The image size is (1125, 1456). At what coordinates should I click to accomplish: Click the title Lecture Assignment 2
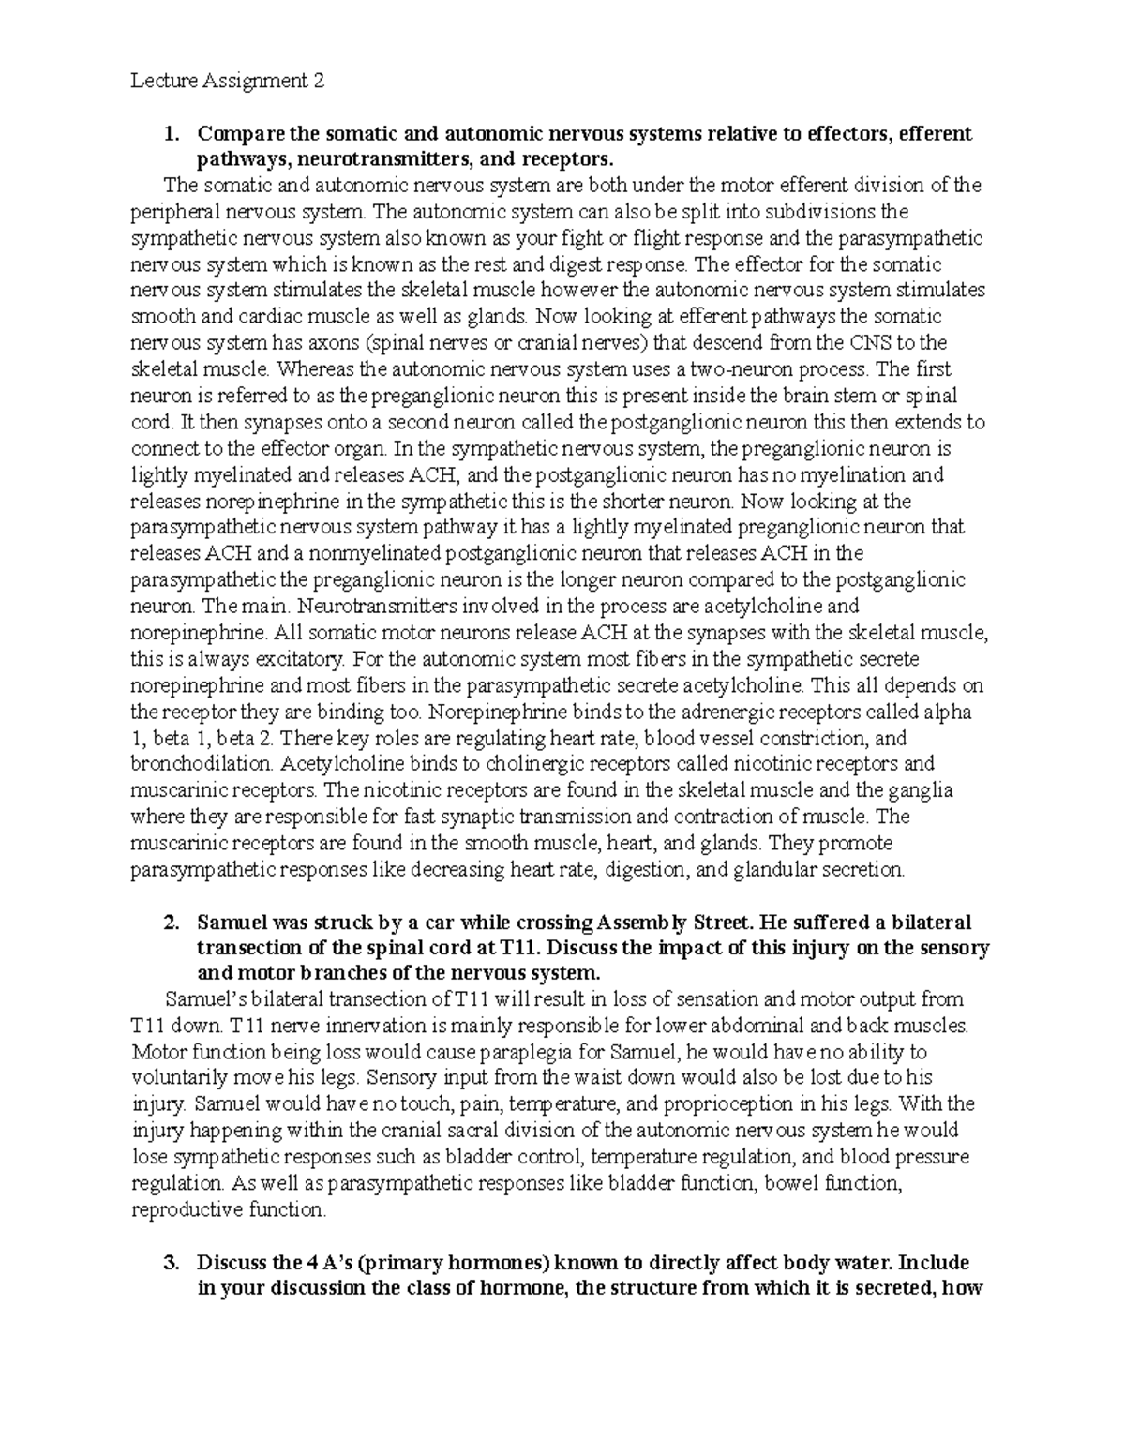[228, 81]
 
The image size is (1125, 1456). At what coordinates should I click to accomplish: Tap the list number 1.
[170, 133]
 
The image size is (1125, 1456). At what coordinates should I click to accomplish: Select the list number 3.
[170, 1261]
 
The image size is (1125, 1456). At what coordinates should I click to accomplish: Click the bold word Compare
[240, 133]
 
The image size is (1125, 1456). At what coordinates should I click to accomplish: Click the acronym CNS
[876, 343]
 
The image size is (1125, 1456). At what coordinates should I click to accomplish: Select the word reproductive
[187, 1209]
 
